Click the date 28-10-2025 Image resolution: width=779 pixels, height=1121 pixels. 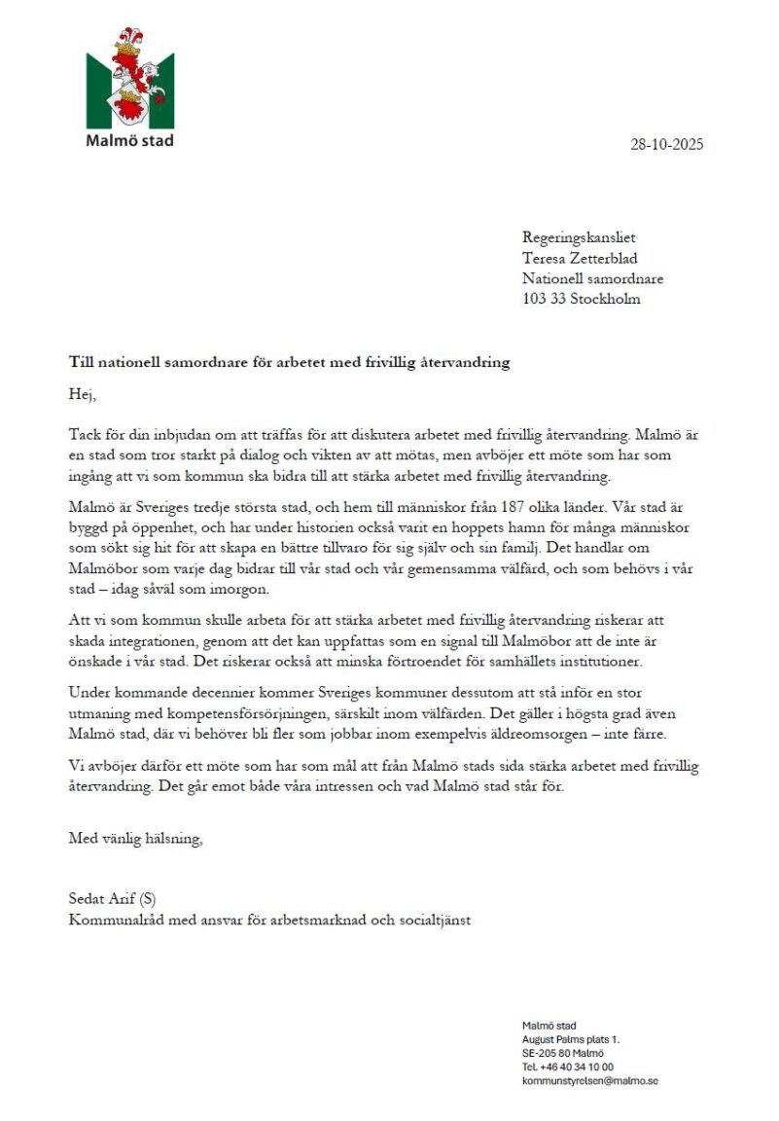(x=666, y=145)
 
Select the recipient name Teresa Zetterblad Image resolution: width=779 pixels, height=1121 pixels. (x=580, y=258)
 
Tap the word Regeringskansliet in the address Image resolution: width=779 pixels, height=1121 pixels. (x=579, y=237)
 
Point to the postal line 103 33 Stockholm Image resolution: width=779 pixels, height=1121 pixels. (x=582, y=299)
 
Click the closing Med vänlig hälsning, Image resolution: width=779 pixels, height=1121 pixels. (x=136, y=839)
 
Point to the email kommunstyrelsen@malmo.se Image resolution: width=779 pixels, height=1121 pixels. (x=590, y=1081)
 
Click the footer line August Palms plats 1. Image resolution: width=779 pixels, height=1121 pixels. (x=571, y=1039)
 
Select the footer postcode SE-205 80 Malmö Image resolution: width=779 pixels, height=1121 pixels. (x=563, y=1053)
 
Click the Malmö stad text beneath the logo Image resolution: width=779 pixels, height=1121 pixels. (x=129, y=140)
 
